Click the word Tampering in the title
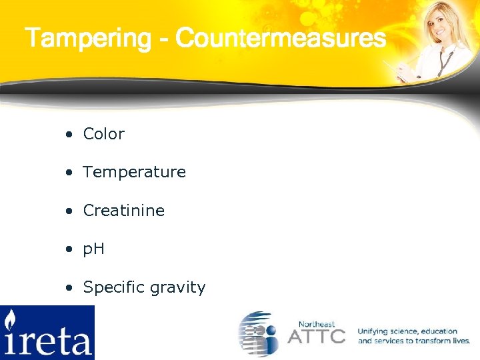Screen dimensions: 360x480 [x=88, y=38]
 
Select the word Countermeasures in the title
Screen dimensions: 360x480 [x=281, y=38]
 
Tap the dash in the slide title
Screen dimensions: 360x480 [x=163, y=39]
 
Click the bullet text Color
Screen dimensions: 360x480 [x=103, y=134]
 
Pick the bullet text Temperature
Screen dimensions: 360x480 [x=134, y=172]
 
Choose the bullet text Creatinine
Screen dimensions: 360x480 [x=123, y=211]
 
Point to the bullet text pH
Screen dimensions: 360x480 [x=93, y=249]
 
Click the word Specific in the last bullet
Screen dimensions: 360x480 [x=113, y=287]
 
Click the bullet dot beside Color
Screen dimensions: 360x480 [x=69, y=135]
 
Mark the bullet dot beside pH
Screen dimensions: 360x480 [x=69, y=250]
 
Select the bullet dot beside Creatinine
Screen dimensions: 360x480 [x=69, y=211]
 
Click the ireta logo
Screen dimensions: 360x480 [x=47, y=332]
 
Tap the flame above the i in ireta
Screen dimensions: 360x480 [x=11, y=319]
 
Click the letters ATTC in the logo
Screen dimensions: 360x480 [x=316, y=335]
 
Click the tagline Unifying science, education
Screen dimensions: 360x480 [x=407, y=331]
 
